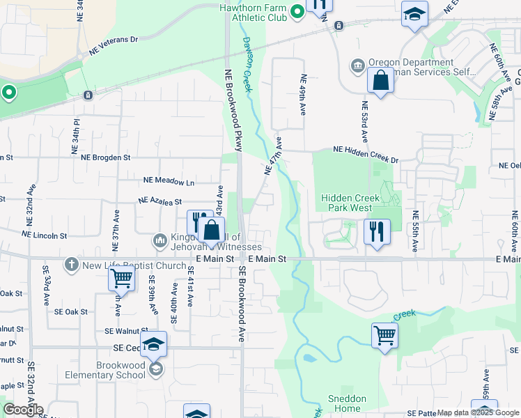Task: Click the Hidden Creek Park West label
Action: pyautogui.click(x=350, y=203)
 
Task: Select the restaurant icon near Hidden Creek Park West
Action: pyautogui.click(x=377, y=231)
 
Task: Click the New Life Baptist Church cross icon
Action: pyautogui.click(x=70, y=265)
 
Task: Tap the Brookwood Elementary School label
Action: pyautogui.click(x=111, y=370)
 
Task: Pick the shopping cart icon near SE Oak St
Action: pyautogui.click(x=121, y=279)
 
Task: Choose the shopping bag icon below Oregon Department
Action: pyautogui.click(x=380, y=82)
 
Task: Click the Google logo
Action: pyautogui.click(x=22, y=410)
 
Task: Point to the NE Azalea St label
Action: pyautogui.click(x=160, y=201)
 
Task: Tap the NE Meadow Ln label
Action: pyautogui.click(x=169, y=180)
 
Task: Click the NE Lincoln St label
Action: pyautogui.click(x=44, y=235)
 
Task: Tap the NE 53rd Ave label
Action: pyautogui.click(x=364, y=123)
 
